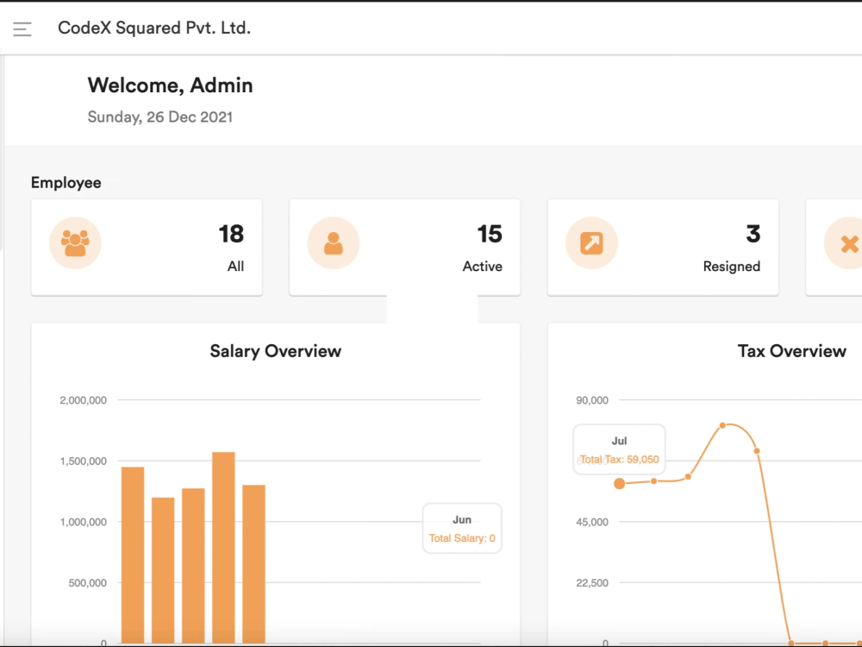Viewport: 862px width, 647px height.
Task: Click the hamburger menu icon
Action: click(x=22, y=28)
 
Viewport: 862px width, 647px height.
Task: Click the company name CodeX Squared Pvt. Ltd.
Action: click(x=154, y=28)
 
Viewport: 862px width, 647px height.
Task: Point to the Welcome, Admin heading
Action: click(x=170, y=85)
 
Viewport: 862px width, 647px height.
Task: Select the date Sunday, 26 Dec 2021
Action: click(x=160, y=116)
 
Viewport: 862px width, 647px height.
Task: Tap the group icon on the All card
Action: click(x=75, y=243)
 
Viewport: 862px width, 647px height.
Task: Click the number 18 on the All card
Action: click(x=231, y=234)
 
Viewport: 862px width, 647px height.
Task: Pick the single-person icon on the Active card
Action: click(x=333, y=243)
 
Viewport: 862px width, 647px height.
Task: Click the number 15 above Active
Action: click(x=490, y=234)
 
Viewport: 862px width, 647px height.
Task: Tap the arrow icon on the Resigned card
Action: click(x=591, y=243)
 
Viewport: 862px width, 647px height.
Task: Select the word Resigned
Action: click(x=732, y=267)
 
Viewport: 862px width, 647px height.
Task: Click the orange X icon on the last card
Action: click(x=849, y=244)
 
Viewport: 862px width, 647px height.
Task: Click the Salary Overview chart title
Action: click(x=276, y=351)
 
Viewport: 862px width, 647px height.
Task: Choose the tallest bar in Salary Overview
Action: click(x=223, y=548)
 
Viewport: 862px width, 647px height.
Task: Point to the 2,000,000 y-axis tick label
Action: click(x=83, y=400)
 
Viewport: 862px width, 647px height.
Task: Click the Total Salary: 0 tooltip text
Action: click(x=462, y=538)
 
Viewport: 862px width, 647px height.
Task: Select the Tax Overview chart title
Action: click(x=791, y=351)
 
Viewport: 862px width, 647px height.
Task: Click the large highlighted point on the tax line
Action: click(x=620, y=484)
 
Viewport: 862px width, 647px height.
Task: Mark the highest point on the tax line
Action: click(x=722, y=425)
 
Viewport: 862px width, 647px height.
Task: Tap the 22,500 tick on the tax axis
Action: click(x=592, y=583)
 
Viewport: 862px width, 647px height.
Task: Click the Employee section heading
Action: click(x=66, y=183)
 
